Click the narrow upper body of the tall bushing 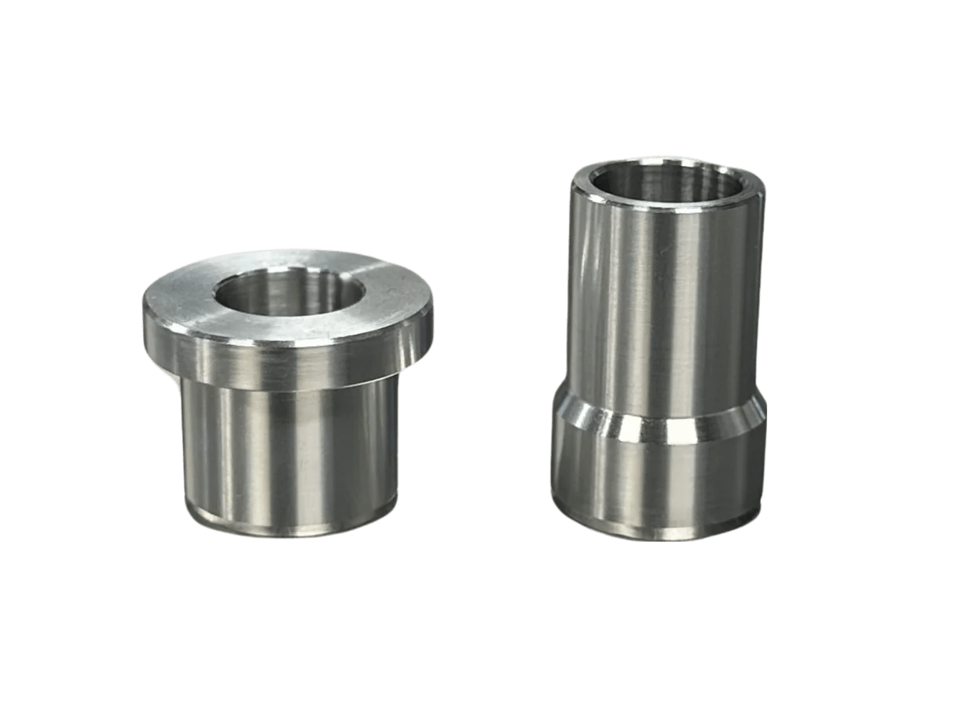[664, 307]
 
